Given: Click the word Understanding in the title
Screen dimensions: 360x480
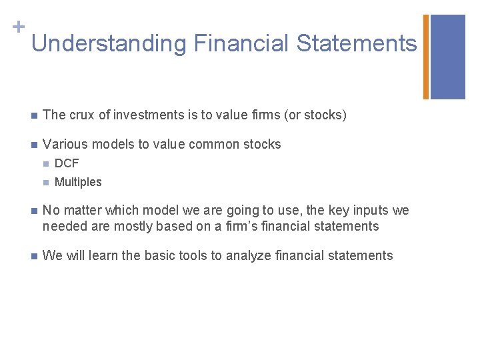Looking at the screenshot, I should [x=109, y=44].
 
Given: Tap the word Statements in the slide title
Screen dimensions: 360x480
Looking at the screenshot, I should [x=357, y=44].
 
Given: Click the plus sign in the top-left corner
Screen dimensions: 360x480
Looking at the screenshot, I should [x=19, y=27].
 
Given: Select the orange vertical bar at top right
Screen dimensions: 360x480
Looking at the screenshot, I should [x=426, y=57].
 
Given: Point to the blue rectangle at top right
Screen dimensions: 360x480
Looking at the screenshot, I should [x=447, y=57].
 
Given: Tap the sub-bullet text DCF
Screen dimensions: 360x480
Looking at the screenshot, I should [x=67, y=163].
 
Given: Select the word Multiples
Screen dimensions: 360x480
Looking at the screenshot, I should [x=78, y=182].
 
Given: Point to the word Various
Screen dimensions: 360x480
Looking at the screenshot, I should [x=63, y=144].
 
